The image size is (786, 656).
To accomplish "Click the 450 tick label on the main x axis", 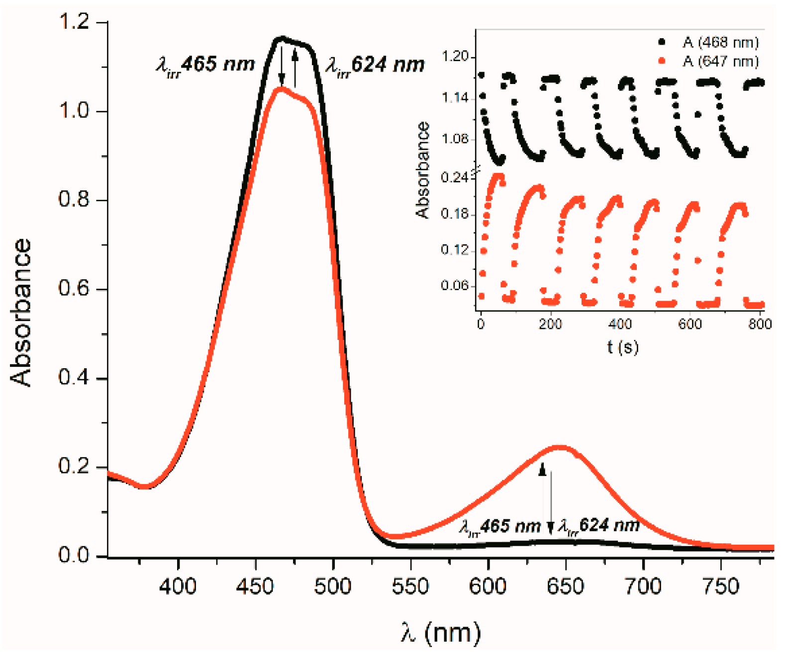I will tap(255, 586).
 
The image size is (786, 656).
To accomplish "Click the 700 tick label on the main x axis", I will tap(643, 586).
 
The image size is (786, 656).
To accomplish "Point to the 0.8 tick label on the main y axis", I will tap(74, 199).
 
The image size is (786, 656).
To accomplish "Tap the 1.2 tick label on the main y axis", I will tap(74, 22).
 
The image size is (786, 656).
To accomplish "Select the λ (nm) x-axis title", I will tap(441, 633).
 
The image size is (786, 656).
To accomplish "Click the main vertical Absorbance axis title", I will tap(21, 313).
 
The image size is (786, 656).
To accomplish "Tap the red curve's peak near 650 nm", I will tap(561, 447).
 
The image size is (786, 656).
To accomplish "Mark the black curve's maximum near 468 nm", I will tap(282, 37).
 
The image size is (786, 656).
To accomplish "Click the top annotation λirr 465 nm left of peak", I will tap(205, 65).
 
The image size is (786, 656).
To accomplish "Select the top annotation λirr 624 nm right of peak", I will tap(375, 65).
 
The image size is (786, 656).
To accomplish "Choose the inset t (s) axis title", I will tap(622, 346).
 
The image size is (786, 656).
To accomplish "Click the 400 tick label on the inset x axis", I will tap(620, 325).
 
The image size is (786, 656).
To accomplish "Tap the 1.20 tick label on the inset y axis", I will tap(455, 57).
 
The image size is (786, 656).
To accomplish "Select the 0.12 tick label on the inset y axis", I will tap(455, 249).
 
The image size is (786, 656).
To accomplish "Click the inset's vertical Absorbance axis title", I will tap(423, 170).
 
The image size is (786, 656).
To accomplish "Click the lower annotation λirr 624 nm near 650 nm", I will tap(598, 526).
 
